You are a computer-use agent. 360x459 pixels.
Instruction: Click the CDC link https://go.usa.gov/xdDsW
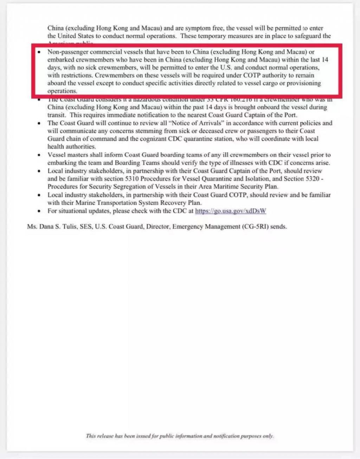click(231, 211)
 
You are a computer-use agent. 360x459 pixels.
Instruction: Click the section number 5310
click(132, 179)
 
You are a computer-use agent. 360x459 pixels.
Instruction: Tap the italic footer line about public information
click(180, 436)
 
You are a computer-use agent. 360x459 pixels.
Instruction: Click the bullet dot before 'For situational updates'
click(39, 211)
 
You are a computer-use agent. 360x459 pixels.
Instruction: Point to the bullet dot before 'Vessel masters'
click(39, 155)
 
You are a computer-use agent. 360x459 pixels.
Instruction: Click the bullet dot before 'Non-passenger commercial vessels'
click(39, 52)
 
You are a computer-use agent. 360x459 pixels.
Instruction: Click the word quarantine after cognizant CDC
click(199, 139)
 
